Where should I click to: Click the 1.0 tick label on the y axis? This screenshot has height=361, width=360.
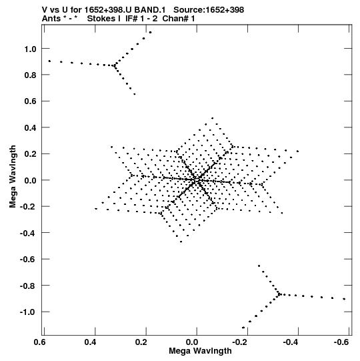pos(31,49)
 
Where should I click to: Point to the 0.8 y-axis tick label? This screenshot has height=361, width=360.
pos(31,75)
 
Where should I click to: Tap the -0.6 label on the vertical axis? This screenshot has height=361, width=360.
pos(28,260)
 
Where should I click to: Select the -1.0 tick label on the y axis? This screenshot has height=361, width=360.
pos(28,312)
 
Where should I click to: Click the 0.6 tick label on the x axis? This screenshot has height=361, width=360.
pos(39,342)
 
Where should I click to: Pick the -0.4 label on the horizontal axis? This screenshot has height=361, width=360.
pos(291,342)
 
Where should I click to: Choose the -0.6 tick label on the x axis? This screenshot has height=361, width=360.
pos(342,342)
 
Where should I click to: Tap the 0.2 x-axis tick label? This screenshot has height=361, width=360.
pos(141,342)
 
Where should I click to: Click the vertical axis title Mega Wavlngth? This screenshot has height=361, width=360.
pos(13,177)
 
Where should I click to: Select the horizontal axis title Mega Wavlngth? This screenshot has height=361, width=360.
pos(200,351)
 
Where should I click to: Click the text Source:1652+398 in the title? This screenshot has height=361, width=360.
pos(209,10)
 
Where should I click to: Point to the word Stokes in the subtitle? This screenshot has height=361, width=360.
pos(104,19)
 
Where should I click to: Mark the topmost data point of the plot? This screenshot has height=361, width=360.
pos(151,33)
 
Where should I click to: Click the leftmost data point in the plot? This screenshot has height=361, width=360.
pos(49,61)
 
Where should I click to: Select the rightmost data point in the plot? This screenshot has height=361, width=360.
pos(344,299)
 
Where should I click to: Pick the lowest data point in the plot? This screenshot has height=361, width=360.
pos(243,328)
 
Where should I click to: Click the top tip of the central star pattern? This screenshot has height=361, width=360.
pos(212,118)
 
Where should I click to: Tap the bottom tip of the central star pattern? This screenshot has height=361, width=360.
pos(181,242)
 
